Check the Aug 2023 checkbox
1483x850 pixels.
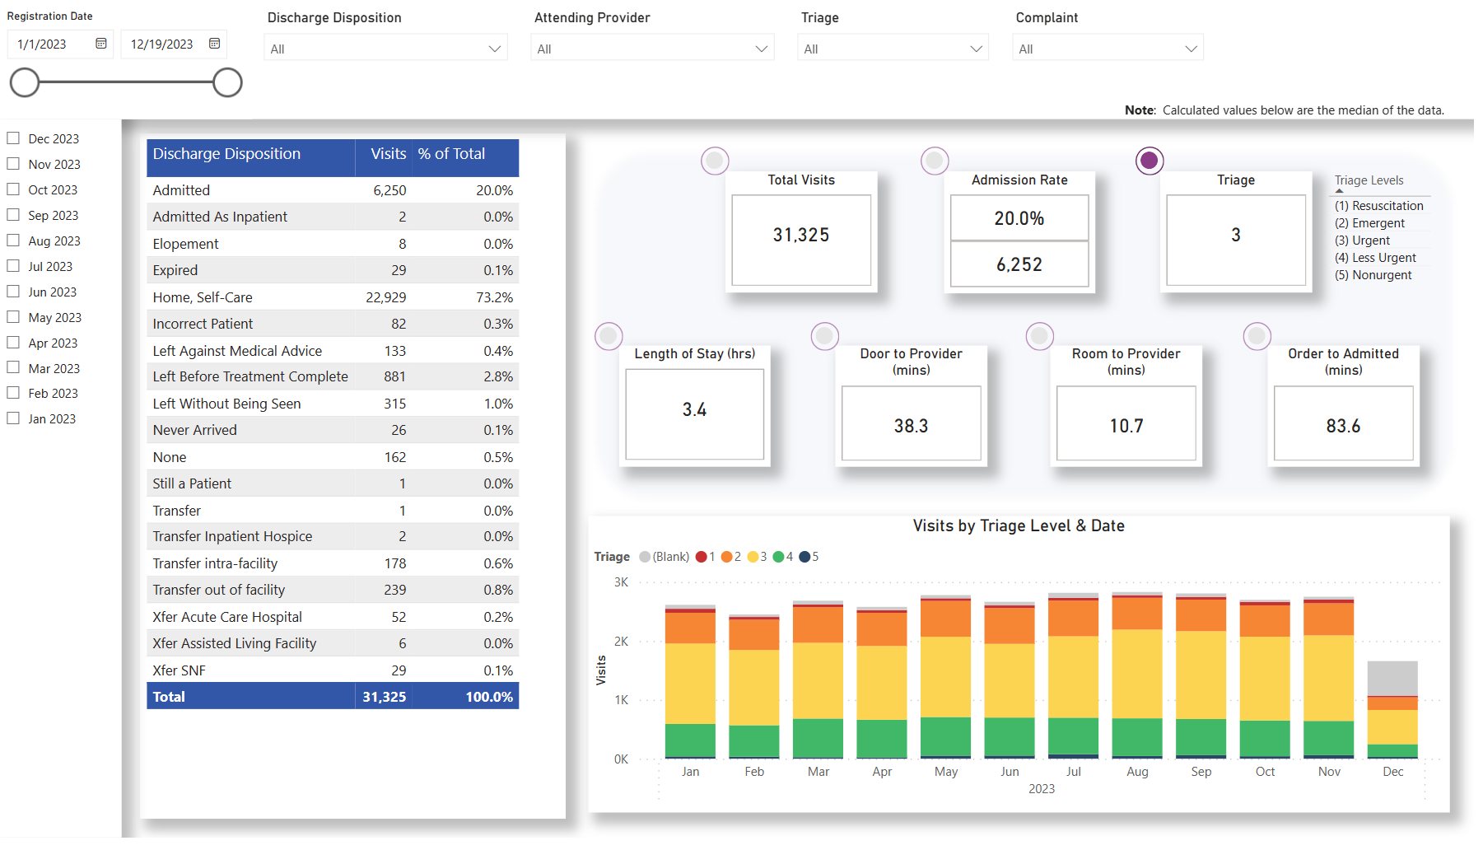tap(13, 241)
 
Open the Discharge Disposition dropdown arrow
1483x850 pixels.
tap(494, 49)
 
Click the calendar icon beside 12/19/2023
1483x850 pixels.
tap(214, 44)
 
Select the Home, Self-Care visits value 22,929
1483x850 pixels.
tap(385, 297)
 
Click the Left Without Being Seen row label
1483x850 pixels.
tap(226, 404)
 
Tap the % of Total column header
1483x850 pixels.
tap(451, 154)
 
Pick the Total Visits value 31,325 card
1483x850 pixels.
tap(800, 236)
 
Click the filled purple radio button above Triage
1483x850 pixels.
tap(1149, 161)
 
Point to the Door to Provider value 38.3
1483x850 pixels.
tap(911, 426)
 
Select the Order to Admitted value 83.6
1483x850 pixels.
tap(1342, 426)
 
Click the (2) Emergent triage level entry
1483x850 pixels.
tap(1369, 223)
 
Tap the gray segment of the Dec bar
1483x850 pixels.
tap(1392, 679)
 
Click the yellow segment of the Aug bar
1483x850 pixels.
tap(1136, 674)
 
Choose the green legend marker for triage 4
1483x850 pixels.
tap(777, 557)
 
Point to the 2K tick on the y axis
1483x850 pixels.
tap(621, 642)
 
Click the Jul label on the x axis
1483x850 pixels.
tap(1073, 772)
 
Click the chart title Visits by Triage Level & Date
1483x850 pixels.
tap(1018, 526)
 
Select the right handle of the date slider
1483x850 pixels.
tap(227, 82)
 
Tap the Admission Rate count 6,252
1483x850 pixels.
tap(1019, 264)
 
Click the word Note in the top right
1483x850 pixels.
tap(1140, 110)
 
